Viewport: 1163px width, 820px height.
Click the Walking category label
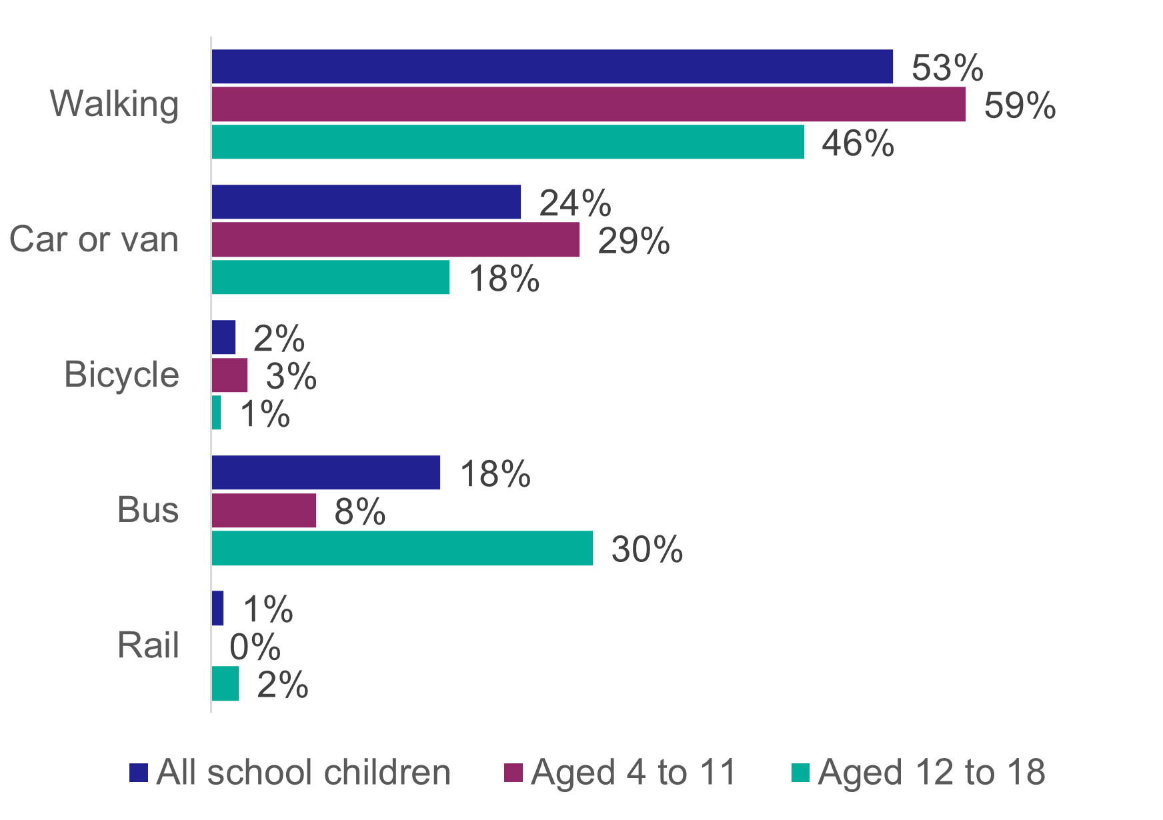(115, 105)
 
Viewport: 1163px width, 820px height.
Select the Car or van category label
(94, 239)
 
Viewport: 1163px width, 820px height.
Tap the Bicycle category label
(121, 375)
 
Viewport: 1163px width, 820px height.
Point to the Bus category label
(147, 511)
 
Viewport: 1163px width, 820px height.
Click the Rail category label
(148, 646)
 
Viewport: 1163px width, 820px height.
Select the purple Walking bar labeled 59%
(588, 105)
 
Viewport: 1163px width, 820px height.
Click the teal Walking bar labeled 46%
(507, 142)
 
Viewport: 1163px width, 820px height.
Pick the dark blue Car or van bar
(366, 202)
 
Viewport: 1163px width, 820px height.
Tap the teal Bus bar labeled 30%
(402, 548)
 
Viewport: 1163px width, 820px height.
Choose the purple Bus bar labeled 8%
(263, 511)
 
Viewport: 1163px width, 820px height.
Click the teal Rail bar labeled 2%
(225, 684)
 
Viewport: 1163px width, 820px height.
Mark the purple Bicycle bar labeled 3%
(229, 375)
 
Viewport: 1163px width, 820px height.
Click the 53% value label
(947, 67)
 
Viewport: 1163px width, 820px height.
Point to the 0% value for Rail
(255, 647)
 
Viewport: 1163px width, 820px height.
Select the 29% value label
(634, 241)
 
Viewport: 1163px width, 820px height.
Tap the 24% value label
(575, 203)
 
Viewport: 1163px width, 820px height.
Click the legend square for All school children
(138, 773)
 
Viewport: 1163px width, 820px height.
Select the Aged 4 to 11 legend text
(633, 773)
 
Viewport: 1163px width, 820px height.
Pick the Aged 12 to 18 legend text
(931, 773)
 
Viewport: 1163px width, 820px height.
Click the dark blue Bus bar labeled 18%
(325, 473)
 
